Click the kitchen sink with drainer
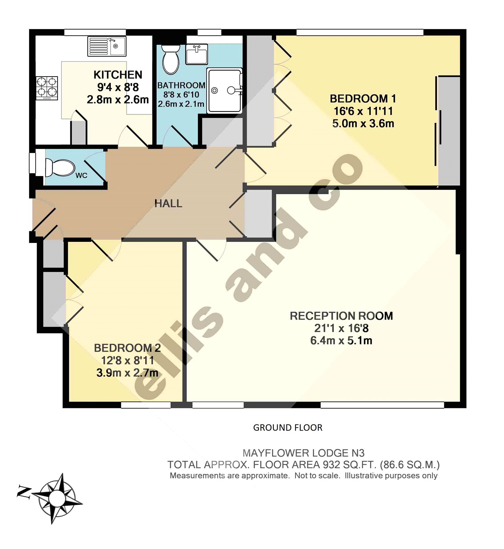[107, 46]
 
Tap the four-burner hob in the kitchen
[47, 87]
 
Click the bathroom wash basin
[197, 54]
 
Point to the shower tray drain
[214, 91]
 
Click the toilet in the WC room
[60, 167]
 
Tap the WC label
[81, 176]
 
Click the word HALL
[168, 203]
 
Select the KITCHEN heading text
[118, 75]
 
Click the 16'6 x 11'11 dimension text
[363, 111]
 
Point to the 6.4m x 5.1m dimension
[341, 341]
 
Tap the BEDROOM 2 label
[127, 348]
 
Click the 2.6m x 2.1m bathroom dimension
[181, 104]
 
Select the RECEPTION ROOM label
[341, 316]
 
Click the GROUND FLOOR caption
[288, 428]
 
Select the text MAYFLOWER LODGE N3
[303, 453]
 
